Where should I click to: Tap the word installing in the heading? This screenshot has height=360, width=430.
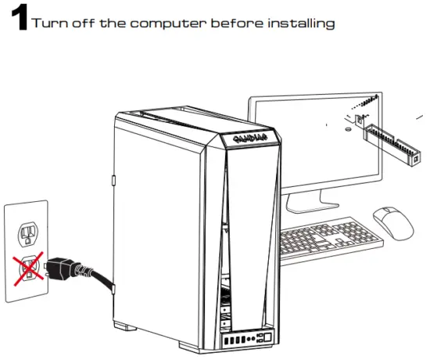click(x=302, y=23)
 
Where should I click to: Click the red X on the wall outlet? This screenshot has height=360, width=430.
click(x=27, y=266)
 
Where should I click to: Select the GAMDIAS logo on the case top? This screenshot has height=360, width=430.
click(x=249, y=139)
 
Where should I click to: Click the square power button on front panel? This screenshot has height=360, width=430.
click(x=265, y=338)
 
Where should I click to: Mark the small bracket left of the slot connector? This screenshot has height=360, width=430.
click(x=359, y=121)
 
